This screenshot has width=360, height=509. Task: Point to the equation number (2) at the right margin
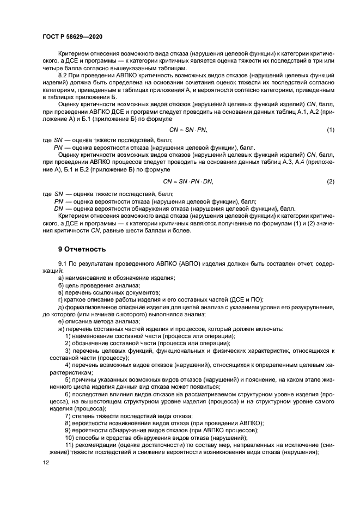coord(331,181)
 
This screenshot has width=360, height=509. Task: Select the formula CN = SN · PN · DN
coord(188,181)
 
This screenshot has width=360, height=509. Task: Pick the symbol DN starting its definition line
coord(59,208)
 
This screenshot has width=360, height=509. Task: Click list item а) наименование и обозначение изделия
coord(116,278)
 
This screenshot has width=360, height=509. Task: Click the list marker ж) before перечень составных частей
coord(62,328)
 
